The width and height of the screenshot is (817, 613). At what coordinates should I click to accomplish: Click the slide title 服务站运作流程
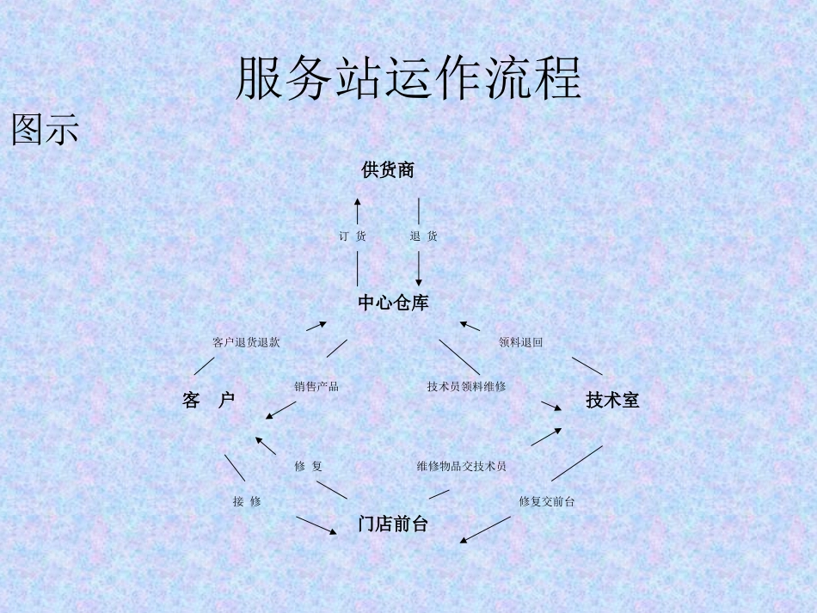pyautogui.click(x=408, y=79)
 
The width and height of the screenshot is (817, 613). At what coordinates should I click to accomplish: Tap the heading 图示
pyautogui.click(x=45, y=129)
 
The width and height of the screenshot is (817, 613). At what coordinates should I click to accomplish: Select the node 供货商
pyautogui.click(x=388, y=170)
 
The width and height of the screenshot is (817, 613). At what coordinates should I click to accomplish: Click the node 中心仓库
pyautogui.click(x=393, y=303)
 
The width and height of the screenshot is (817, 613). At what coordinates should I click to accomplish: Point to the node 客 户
pyautogui.click(x=208, y=400)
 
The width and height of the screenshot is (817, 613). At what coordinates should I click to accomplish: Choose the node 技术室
pyautogui.click(x=612, y=400)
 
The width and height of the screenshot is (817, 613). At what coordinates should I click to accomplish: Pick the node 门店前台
pyautogui.click(x=393, y=524)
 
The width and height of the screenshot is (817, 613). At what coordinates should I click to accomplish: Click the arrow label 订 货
pyautogui.click(x=352, y=236)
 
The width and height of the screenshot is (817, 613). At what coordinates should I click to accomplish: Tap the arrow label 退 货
pyautogui.click(x=423, y=236)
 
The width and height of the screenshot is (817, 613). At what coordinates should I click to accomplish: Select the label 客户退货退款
pyautogui.click(x=246, y=342)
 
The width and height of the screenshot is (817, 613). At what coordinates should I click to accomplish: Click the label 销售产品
pyautogui.click(x=316, y=387)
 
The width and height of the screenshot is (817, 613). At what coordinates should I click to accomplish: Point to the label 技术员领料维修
pyautogui.click(x=466, y=387)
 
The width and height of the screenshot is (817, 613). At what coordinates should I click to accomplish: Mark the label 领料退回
pyautogui.click(x=520, y=342)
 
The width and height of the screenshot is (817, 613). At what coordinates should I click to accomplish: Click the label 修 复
pyautogui.click(x=308, y=467)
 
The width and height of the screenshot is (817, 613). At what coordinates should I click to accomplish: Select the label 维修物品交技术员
pyautogui.click(x=461, y=467)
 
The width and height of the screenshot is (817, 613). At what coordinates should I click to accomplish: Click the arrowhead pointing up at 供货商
pyautogui.click(x=358, y=203)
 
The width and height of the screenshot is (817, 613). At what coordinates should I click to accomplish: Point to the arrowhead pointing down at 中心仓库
pyautogui.click(x=419, y=280)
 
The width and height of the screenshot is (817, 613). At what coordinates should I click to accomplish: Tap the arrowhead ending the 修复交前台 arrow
pyautogui.click(x=464, y=541)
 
